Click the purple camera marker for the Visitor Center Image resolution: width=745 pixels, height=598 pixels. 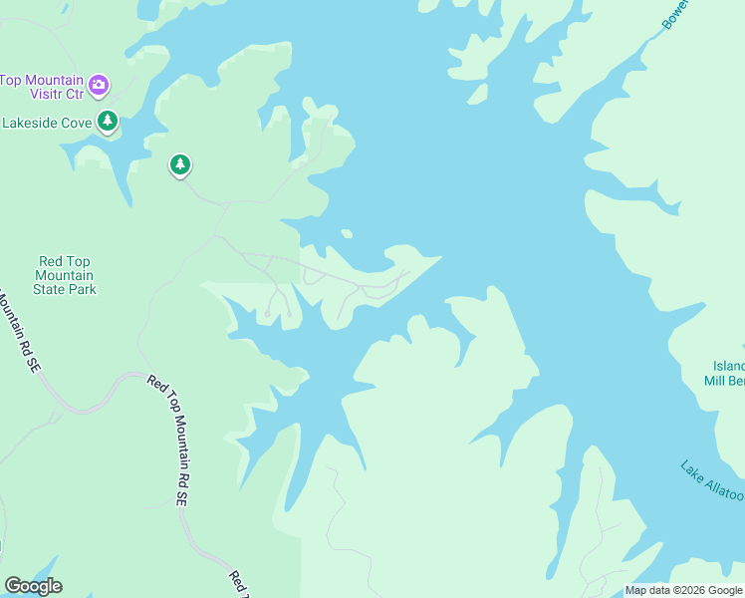99,84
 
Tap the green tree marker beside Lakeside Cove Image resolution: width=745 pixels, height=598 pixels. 108,123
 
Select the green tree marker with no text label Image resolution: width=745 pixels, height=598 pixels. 179,164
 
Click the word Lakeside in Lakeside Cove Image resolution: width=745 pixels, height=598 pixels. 36,123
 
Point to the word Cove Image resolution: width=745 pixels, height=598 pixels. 77,123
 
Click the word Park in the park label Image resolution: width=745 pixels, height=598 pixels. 82,289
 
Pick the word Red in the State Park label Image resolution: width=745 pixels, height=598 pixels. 49,261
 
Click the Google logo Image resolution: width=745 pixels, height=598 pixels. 33,586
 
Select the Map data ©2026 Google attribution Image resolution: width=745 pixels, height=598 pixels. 684,590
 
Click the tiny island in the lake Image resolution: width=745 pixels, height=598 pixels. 346,234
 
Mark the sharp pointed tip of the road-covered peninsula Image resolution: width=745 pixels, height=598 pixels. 440,257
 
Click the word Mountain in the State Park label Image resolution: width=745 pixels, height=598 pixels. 65,275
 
